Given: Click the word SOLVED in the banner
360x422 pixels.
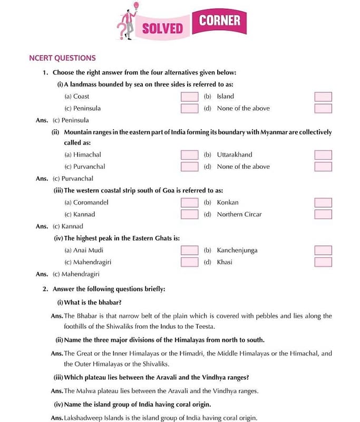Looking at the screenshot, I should (162, 28).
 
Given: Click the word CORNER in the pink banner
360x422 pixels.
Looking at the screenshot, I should (220, 21).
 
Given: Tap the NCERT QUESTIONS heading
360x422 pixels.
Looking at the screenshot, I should (62, 58).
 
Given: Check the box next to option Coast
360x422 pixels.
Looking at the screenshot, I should (189, 97).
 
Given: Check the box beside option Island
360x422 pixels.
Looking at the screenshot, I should (323, 97).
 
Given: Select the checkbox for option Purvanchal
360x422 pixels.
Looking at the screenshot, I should (189, 167).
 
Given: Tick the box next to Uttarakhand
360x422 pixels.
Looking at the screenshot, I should (323, 155).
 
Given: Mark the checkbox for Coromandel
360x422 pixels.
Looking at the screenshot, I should (189, 203).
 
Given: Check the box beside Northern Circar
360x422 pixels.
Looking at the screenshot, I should (323, 215).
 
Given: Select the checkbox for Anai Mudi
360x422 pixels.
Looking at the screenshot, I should (189, 251).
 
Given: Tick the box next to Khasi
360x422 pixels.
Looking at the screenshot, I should (323, 262).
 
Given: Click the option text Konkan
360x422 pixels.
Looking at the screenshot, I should (228, 203).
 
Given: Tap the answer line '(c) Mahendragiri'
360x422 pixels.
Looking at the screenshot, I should (75, 274).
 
